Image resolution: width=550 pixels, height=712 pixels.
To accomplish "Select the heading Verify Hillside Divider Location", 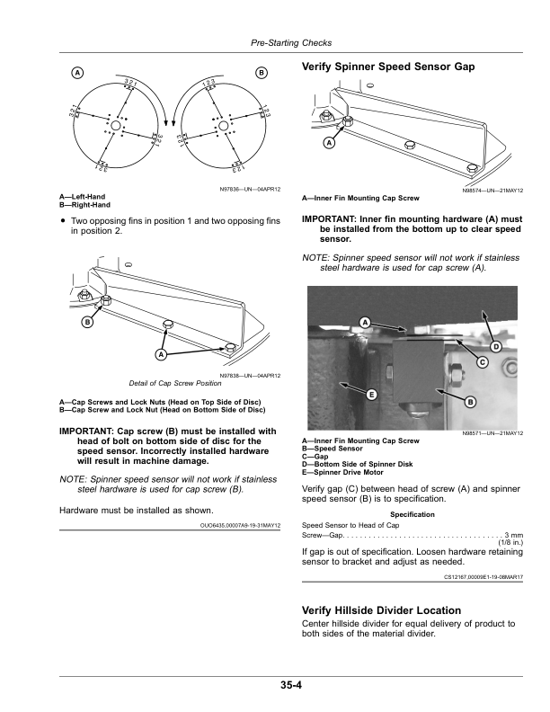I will pos(382,610).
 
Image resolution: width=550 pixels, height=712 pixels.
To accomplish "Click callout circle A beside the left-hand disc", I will pos(78,72).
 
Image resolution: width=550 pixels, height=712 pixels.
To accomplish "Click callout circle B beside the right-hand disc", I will pos(262,72).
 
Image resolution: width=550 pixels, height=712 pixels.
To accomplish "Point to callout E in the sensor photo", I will pos(369,395).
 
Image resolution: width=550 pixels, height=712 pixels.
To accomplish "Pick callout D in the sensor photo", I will pos(496,347).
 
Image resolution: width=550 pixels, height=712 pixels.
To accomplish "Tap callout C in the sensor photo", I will pos(482,361).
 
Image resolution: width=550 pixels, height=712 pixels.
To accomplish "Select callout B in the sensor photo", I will pos(470,402).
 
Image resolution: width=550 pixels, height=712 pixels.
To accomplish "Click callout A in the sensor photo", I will pos(365,322).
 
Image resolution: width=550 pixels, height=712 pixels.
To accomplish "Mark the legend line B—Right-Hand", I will pos(83,204).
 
